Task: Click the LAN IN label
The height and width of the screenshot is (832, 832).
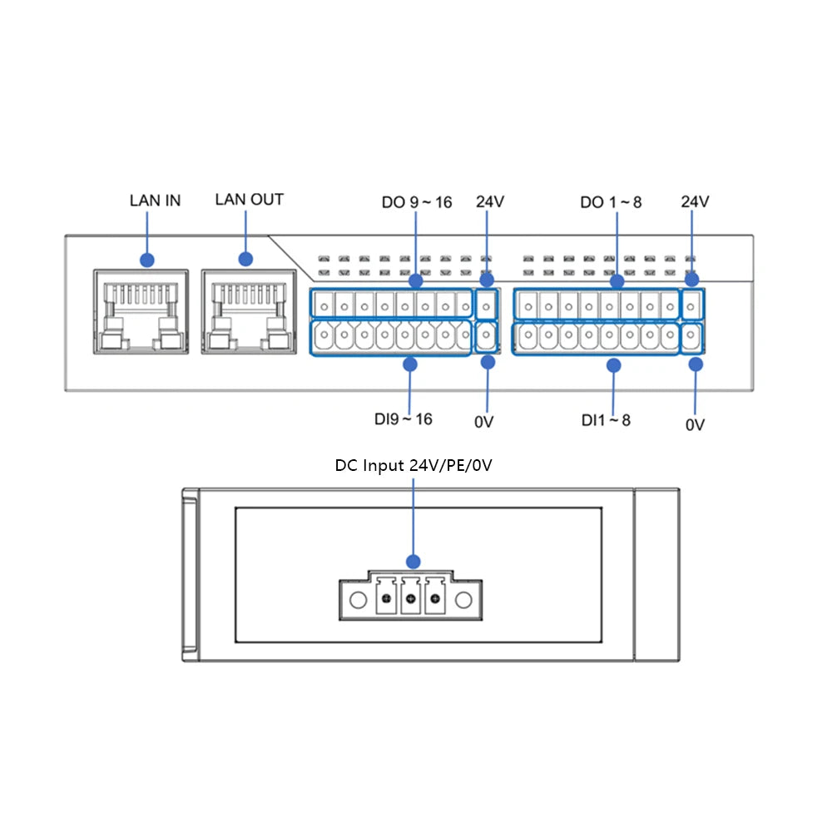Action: click(155, 201)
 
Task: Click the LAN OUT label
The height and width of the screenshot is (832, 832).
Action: click(249, 200)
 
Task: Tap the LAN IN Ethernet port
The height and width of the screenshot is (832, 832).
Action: click(141, 312)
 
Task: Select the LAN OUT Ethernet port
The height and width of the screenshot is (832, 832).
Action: click(247, 312)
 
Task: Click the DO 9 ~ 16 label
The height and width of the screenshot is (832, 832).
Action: click(417, 202)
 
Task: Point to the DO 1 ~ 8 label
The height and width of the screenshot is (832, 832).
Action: click(611, 202)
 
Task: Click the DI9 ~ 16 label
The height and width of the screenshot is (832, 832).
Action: click(403, 418)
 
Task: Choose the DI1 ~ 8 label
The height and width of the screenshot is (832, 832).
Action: click(606, 420)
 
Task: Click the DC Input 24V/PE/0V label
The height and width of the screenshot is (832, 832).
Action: click(414, 465)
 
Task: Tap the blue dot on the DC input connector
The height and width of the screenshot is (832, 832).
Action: click(413, 562)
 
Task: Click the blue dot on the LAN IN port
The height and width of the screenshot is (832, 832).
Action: click(147, 260)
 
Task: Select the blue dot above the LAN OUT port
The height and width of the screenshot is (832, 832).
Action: click(246, 260)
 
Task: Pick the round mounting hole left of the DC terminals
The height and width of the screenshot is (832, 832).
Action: click(358, 600)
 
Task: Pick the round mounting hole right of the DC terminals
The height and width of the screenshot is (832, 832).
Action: click(463, 600)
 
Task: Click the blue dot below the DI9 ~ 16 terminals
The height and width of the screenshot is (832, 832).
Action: click(409, 364)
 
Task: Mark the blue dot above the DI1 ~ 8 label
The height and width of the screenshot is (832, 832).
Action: click(613, 364)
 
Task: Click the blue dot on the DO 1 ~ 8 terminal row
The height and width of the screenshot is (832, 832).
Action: click(617, 282)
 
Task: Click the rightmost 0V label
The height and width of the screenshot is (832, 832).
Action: click(695, 424)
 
